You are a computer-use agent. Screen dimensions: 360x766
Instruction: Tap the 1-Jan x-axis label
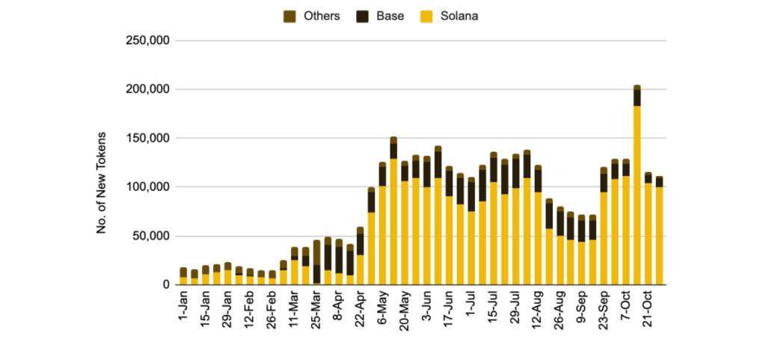click(x=182, y=307)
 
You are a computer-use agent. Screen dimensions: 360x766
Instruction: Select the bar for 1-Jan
click(x=183, y=277)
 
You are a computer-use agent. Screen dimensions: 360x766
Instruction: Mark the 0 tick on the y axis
click(x=169, y=284)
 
